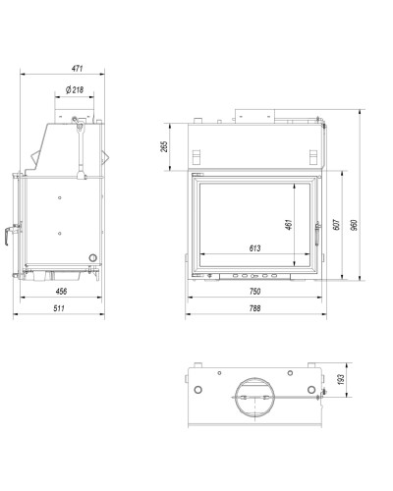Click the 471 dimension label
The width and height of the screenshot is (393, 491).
pos(78,69)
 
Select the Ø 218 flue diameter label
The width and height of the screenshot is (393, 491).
pos(75,89)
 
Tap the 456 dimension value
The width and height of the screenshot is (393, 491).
pos(61,291)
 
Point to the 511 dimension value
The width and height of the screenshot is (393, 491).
pos(59,308)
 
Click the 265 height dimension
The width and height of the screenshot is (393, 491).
pos(164,146)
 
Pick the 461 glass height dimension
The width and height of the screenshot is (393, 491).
pos(289,225)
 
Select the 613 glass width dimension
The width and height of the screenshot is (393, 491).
pos(254,248)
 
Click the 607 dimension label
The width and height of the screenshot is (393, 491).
pos(336,225)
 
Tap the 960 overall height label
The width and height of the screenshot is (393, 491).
pos(354,225)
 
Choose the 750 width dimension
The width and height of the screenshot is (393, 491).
pos(254,291)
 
